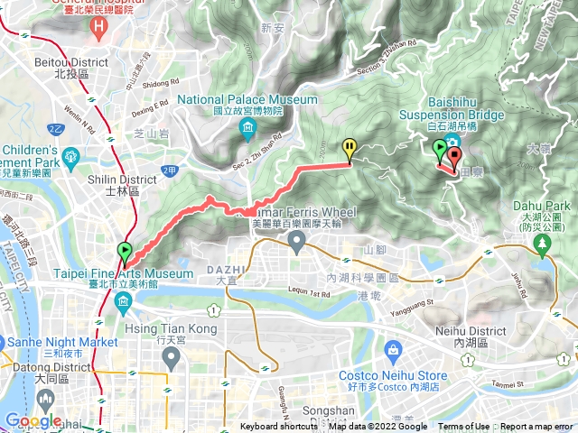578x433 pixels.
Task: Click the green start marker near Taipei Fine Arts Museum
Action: (x=124, y=252)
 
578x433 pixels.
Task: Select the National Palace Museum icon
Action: (x=247, y=133)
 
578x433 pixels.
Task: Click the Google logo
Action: (x=33, y=420)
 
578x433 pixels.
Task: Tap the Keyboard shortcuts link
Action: (x=280, y=427)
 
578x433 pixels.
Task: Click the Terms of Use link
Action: (x=464, y=427)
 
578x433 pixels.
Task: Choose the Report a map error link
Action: (x=536, y=427)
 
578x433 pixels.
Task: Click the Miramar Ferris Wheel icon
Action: (x=297, y=239)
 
